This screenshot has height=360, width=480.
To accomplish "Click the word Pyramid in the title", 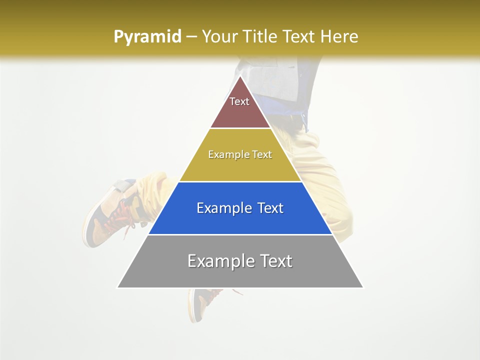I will point(147,36).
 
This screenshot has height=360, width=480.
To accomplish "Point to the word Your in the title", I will point(220,36).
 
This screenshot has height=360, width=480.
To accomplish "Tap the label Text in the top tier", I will point(239,101).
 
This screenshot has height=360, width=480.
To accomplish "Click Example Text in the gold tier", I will point(240,154).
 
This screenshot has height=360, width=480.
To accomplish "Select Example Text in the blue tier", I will point(240,208).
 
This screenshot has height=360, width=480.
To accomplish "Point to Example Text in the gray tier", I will point(240,261).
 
